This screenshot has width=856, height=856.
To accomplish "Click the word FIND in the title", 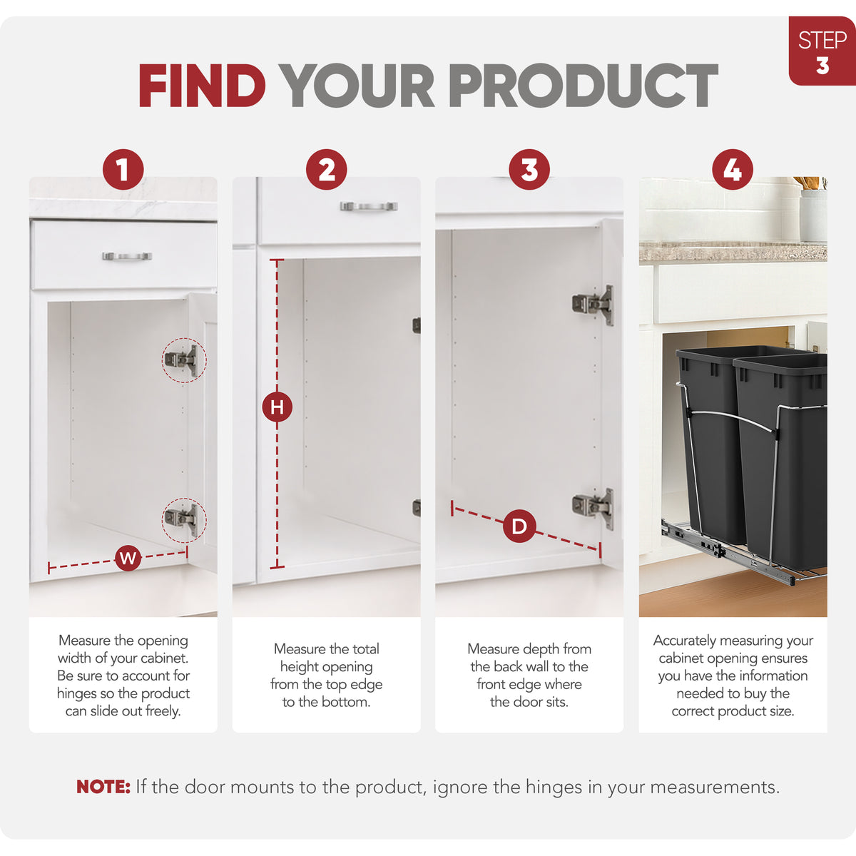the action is [202, 86].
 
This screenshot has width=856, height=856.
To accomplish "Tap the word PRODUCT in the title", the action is [584, 86].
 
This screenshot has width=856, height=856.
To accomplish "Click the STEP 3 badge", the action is [822, 51].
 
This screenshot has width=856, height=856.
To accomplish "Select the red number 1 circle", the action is [123, 170].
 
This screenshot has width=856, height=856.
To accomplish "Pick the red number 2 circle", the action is [327, 170].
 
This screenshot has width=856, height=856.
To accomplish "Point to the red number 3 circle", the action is [529, 170].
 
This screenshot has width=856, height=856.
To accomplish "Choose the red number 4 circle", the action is [733, 170].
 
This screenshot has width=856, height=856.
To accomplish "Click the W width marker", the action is [128, 558].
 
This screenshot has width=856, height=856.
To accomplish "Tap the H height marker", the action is [277, 407].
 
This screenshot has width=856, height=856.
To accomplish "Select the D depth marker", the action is [519, 526].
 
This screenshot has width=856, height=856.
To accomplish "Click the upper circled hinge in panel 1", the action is [184, 360].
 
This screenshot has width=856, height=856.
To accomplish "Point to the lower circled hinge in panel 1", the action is [184, 520].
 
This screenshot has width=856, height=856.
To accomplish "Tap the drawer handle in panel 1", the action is [127, 256].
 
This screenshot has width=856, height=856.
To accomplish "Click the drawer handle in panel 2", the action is [369, 206].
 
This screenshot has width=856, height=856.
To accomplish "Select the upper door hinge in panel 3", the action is [593, 305].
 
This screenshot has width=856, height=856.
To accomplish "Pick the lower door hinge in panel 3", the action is [593, 509].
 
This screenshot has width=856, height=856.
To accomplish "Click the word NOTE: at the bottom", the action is [103, 787].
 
